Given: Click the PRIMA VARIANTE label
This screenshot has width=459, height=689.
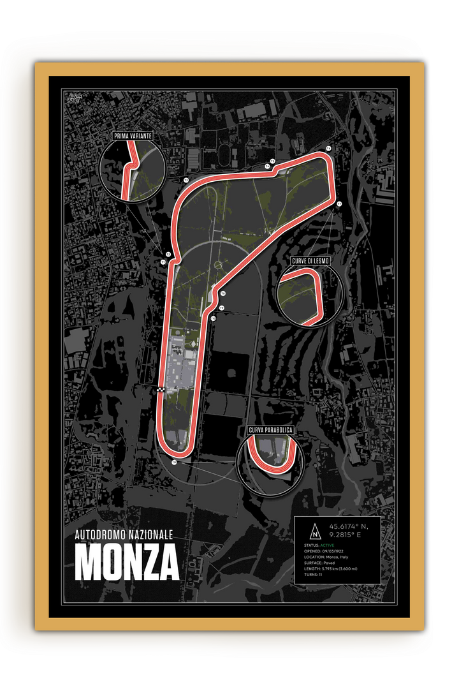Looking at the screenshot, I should click(x=132, y=136).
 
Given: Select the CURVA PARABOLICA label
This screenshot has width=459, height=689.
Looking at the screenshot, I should click(x=270, y=431).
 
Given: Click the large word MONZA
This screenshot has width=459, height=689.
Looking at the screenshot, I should click(x=127, y=561).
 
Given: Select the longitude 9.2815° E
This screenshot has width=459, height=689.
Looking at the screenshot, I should click(x=345, y=535).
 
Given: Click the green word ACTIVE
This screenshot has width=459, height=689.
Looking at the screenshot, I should click(x=327, y=546).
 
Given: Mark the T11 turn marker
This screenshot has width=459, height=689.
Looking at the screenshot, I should click(x=174, y=462).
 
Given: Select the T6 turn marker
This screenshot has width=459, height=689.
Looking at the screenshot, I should click(x=329, y=149).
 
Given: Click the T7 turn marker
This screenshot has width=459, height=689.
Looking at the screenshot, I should click(x=340, y=204).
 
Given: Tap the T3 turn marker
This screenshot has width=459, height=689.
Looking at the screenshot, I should click(x=186, y=181).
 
